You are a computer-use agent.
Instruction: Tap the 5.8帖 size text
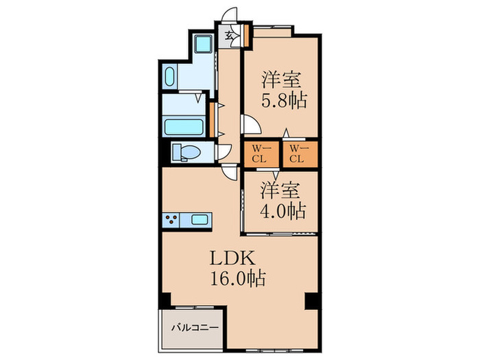[x=283, y=99]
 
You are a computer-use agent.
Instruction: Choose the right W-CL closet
[x=297, y=154]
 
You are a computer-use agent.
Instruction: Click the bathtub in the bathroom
[x=184, y=127]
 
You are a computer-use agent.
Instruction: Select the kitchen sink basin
[x=200, y=220]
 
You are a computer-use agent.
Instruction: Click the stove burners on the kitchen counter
[x=172, y=220]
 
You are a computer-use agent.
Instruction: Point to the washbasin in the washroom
[x=171, y=76]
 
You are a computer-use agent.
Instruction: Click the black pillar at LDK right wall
[x=311, y=300]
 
